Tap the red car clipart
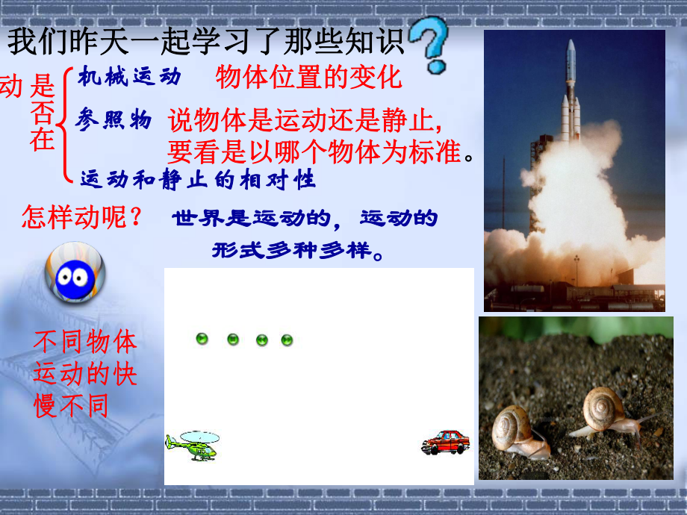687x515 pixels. click(x=446, y=442)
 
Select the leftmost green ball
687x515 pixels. click(x=202, y=339)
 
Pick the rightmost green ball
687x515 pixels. click(x=287, y=340)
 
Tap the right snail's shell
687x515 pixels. click(x=603, y=407)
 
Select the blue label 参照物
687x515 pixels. click(x=114, y=119)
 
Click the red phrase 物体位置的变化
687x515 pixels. click(x=309, y=77)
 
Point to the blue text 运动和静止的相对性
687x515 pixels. click(x=198, y=179)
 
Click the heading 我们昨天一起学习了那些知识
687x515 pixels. click(x=205, y=43)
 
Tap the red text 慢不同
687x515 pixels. click(x=71, y=405)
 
